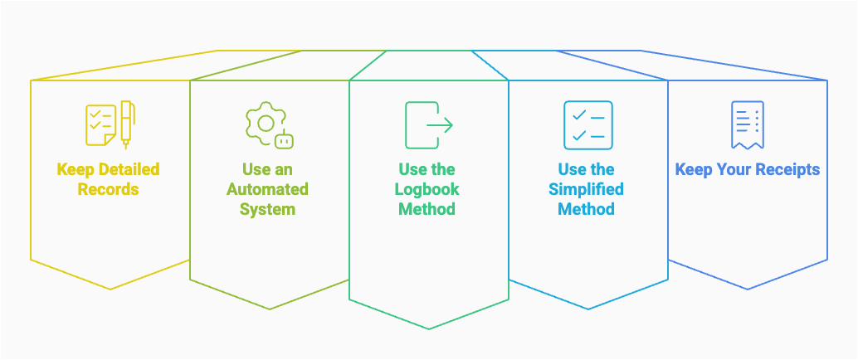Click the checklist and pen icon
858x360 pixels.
coord(110,124)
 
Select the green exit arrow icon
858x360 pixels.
coord(428,125)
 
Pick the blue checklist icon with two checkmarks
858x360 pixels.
coord(587,125)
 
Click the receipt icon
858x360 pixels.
coord(747,125)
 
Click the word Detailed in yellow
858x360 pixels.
coord(129,170)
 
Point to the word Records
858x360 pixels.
coord(109,189)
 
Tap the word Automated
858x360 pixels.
coord(267,189)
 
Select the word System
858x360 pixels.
coord(267,209)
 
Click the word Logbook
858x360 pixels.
coord(427,189)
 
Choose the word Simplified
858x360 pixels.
coord(586,189)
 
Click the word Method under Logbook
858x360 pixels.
coord(427,209)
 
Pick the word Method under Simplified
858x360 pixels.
coord(586,209)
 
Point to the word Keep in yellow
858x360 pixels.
coord(75,170)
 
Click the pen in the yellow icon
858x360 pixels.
coord(127,123)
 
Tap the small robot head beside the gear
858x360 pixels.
coord(285,140)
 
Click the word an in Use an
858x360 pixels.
coord(284,170)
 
